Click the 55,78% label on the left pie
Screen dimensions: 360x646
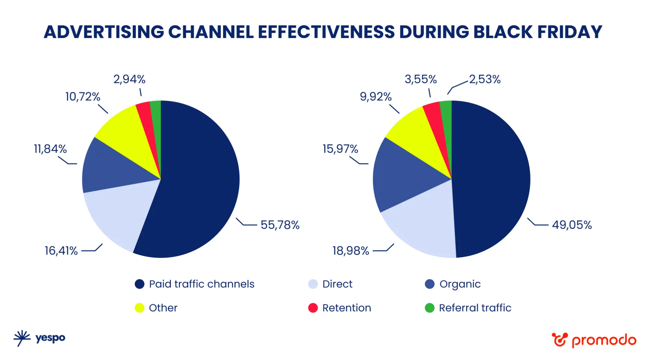(x=280, y=225)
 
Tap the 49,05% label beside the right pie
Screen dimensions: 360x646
(x=572, y=225)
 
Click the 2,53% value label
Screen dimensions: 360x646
(x=485, y=79)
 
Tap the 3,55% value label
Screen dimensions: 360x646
(x=420, y=79)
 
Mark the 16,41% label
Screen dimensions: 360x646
(x=61, y=251)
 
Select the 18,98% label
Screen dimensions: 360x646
(x=351, y=251)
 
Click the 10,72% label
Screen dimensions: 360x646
(x=83, y=97)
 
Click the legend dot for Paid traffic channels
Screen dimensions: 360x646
(x=139, y=284)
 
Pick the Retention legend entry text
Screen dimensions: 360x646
(x=346, y=308)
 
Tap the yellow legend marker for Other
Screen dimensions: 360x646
(x=139, y=308)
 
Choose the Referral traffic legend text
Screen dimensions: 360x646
(x=475, y=308)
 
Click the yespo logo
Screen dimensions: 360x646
(x=39, y=338)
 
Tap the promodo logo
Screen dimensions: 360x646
(x=594, y=340)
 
